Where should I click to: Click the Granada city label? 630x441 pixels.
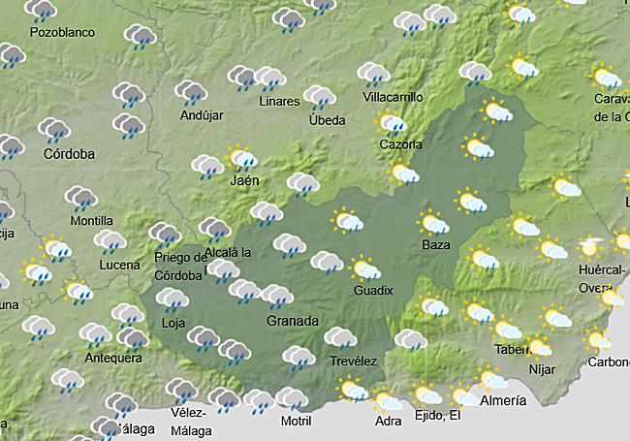pyautogui.click(x=292, y=321)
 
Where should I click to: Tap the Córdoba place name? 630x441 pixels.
pyautogui.click(x=69, y=154)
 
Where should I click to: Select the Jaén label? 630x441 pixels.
pyautogui.click(x=245, y=181)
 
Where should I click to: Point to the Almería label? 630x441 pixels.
pyautogui.click(x=503, y=400)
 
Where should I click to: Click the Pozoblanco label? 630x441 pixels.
pyautogui.click(x=63, y=32)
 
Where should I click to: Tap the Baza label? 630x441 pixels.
pyautogui.click(x=436, y=245)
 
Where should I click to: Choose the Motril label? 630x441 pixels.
pyautogui.click(x=296, y=421)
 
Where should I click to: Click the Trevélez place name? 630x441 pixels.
pyautogui.click(x=353, y=362)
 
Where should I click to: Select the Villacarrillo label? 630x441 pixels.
pyautogui.click(x=394, y=98)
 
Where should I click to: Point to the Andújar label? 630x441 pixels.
pyautogui.click(x=202, y=115)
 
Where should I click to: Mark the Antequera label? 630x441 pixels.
pyautogui.click(x=114, y=358)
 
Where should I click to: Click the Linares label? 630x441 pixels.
pyautogui.click(x=280, y=102)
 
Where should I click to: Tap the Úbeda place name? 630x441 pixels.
pyautogui.click(x=327, y=120)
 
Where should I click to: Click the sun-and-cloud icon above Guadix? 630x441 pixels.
pyautogui.click(x=365, y=268)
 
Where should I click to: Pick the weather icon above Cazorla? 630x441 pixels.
pyautogui.click(x=393, y=124)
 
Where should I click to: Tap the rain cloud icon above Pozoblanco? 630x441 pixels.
pyautogui.click(x=42, y=12)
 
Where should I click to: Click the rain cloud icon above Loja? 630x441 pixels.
pyautogui.click(x=173, y=300)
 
